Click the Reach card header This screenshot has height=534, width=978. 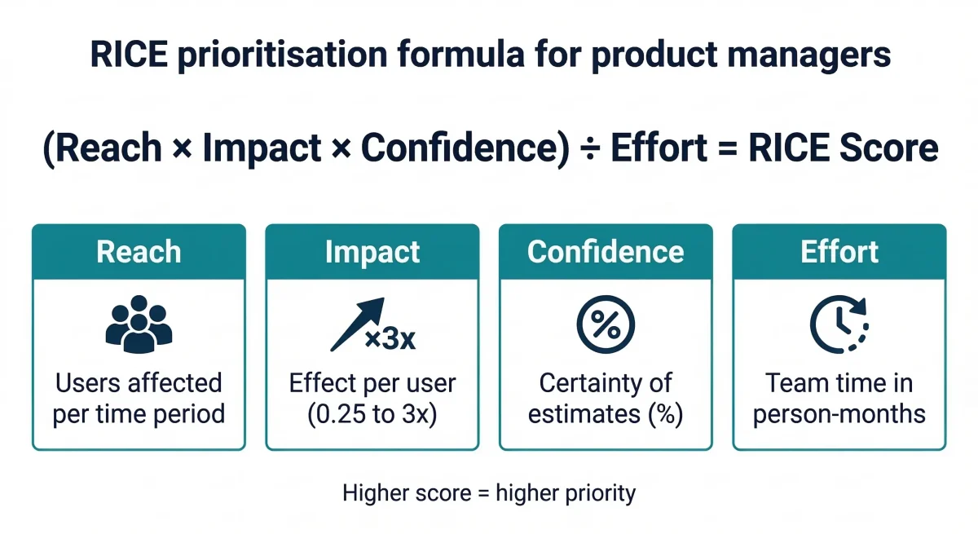(139, 252)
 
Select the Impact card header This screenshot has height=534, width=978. (372, 252)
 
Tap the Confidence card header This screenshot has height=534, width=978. (606, 252)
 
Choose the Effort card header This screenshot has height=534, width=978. (839, 252)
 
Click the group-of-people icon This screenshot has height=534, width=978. (139, 325)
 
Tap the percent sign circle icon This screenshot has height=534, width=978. (606, 324)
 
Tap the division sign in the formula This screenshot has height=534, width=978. (588, 148)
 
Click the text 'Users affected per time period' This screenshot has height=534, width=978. (139, 398)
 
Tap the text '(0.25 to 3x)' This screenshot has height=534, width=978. (372, 413)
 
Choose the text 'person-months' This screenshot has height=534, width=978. (839, 413)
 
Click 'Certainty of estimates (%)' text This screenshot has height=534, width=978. (606, 398)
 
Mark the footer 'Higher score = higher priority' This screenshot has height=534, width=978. (489, 492)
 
